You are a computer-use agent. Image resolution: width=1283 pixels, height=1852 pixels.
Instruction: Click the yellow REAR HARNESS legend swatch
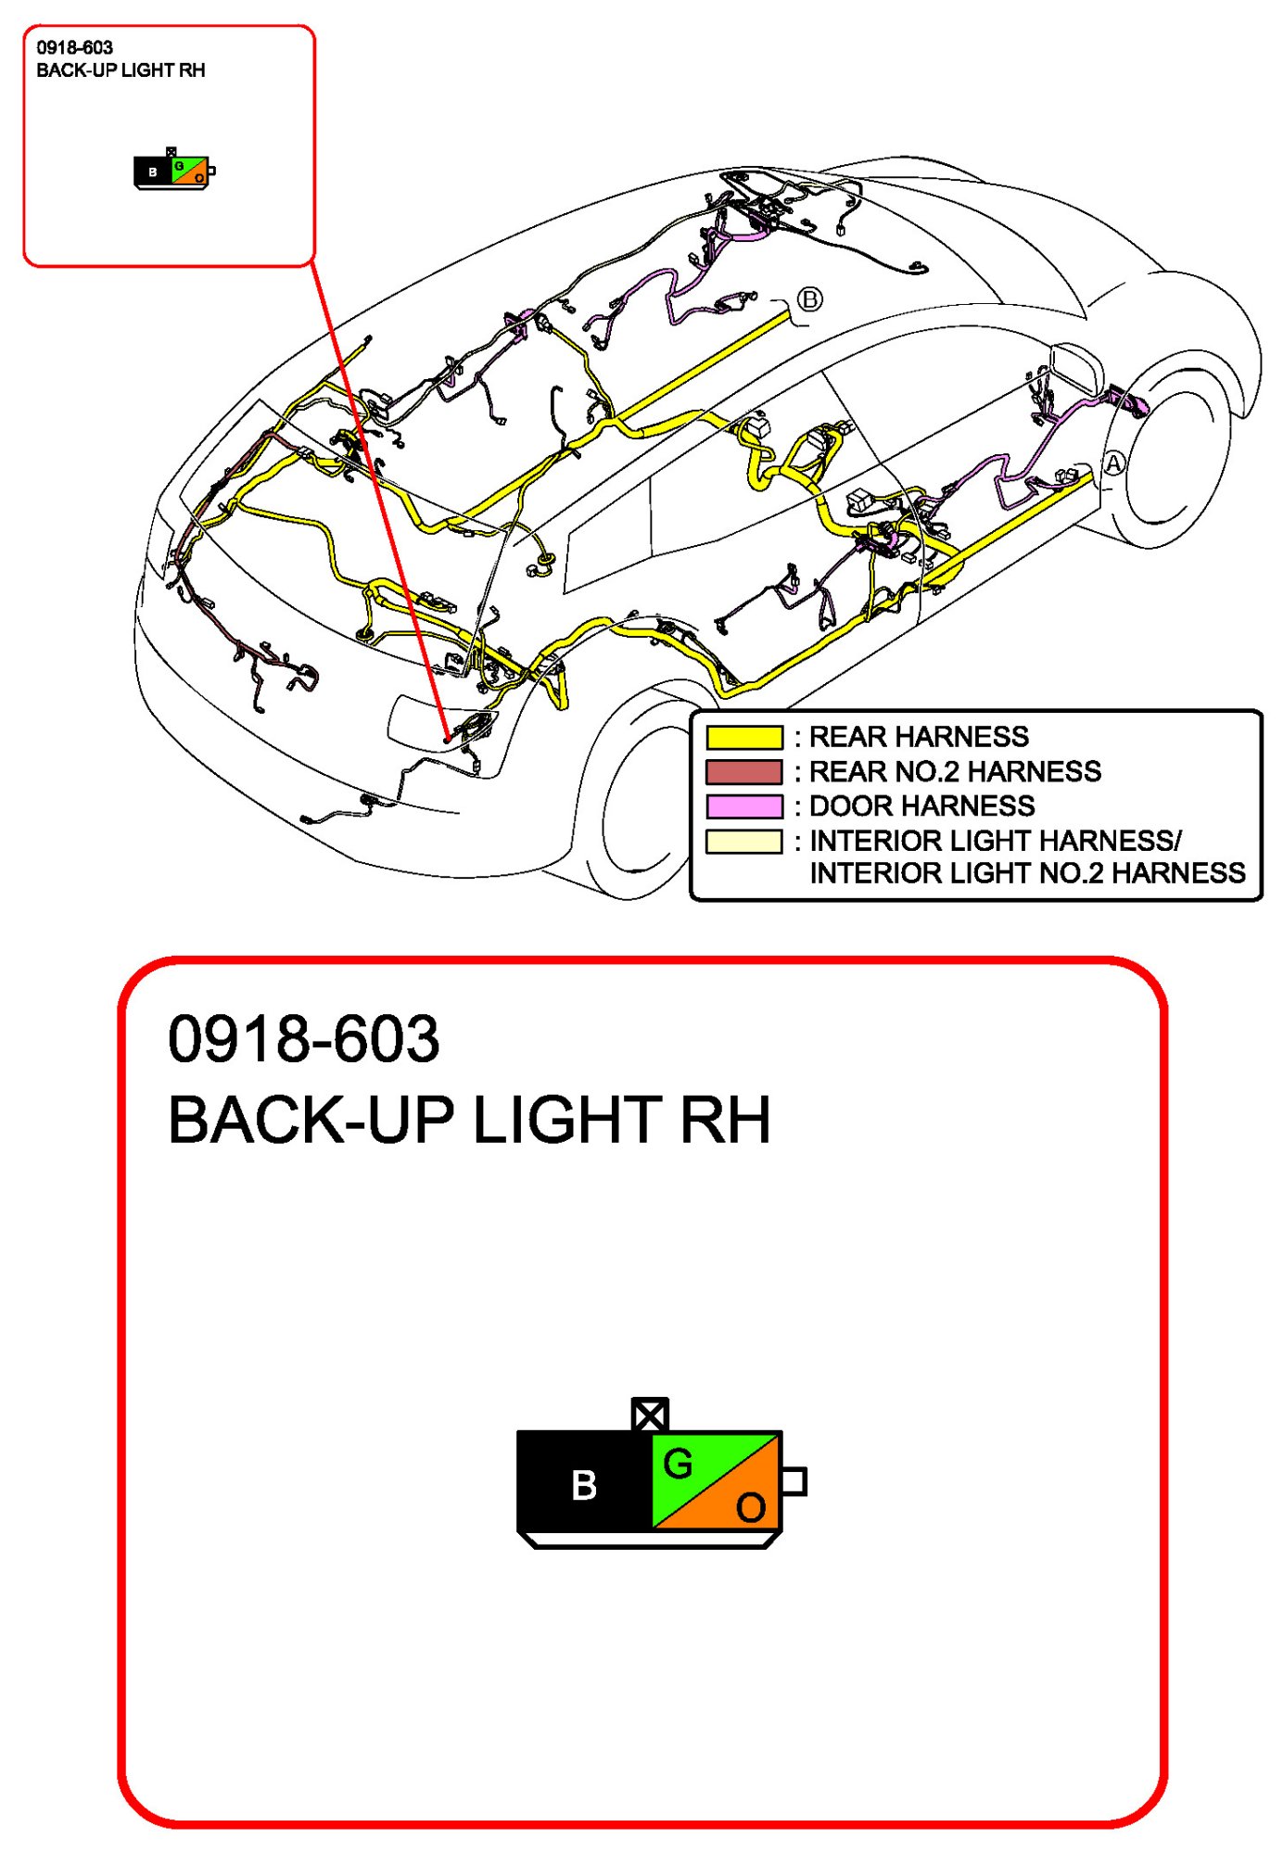tap(743, 737)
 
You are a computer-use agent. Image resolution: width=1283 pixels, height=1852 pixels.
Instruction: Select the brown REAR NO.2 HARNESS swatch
tap(743, 771)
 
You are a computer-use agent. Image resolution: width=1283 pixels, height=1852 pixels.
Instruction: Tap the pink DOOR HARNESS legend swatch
tap(743, 805)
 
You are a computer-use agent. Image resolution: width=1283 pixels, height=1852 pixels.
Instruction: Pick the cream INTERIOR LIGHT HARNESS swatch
tap(743, 841)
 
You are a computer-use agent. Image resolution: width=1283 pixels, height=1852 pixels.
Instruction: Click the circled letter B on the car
tap(809, 299)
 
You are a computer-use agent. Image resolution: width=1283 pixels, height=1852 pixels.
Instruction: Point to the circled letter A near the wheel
tap(1112, 463)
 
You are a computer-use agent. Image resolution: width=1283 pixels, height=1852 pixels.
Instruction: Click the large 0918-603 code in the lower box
tap(303, 1039)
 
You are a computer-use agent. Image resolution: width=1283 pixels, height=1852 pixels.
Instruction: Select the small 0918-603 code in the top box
tap(74, 47)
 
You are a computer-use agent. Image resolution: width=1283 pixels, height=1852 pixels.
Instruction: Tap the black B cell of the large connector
tap(584, 1484)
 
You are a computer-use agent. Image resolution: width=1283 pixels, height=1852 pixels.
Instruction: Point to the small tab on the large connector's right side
tap(794, 1480)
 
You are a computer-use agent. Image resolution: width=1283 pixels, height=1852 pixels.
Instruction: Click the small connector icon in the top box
tap(173, 171)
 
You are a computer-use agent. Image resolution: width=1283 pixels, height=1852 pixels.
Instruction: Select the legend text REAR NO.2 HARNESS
tap(955, 771)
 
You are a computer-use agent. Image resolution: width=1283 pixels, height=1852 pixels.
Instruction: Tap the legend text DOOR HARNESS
tap(921, 805)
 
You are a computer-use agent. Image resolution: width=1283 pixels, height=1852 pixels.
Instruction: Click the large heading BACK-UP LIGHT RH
tap(468, 1120)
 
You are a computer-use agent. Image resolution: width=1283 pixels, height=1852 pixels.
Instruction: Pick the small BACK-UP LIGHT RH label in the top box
tap(121, 70)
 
